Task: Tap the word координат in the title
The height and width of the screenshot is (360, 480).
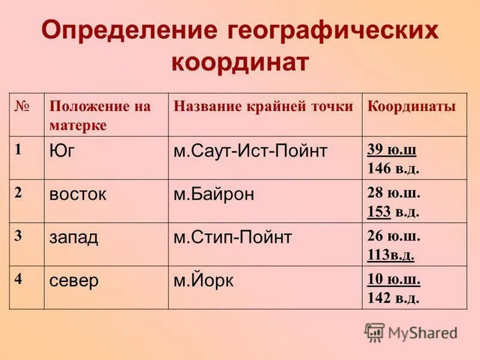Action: coord(240,62)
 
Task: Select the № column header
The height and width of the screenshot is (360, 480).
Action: coord(22,106)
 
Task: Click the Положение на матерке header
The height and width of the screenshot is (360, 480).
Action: coord(100,116)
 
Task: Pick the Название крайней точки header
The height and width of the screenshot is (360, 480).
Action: coord(263,107)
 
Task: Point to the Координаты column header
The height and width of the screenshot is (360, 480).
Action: coord(412,107)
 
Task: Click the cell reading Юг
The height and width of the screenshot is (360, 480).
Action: coord(62,151)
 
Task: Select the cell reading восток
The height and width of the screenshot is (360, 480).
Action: coord(78,194)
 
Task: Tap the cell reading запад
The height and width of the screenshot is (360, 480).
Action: coord(74,237)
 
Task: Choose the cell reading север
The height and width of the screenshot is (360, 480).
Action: coord(74,281)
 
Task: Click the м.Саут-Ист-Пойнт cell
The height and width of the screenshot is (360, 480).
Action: coord(250,151)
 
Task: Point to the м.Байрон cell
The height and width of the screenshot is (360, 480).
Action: coord(214,194)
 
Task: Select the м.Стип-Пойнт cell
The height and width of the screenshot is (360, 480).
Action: coord(233,237)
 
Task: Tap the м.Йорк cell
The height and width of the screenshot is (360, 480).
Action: coord(205,281)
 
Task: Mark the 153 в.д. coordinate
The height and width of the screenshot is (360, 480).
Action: coord(394,211)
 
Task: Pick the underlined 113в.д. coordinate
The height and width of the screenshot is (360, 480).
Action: coord(391,254)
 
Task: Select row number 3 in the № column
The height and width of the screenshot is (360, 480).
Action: coord(19,235)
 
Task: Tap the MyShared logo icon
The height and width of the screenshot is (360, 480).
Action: coord(374,332)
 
